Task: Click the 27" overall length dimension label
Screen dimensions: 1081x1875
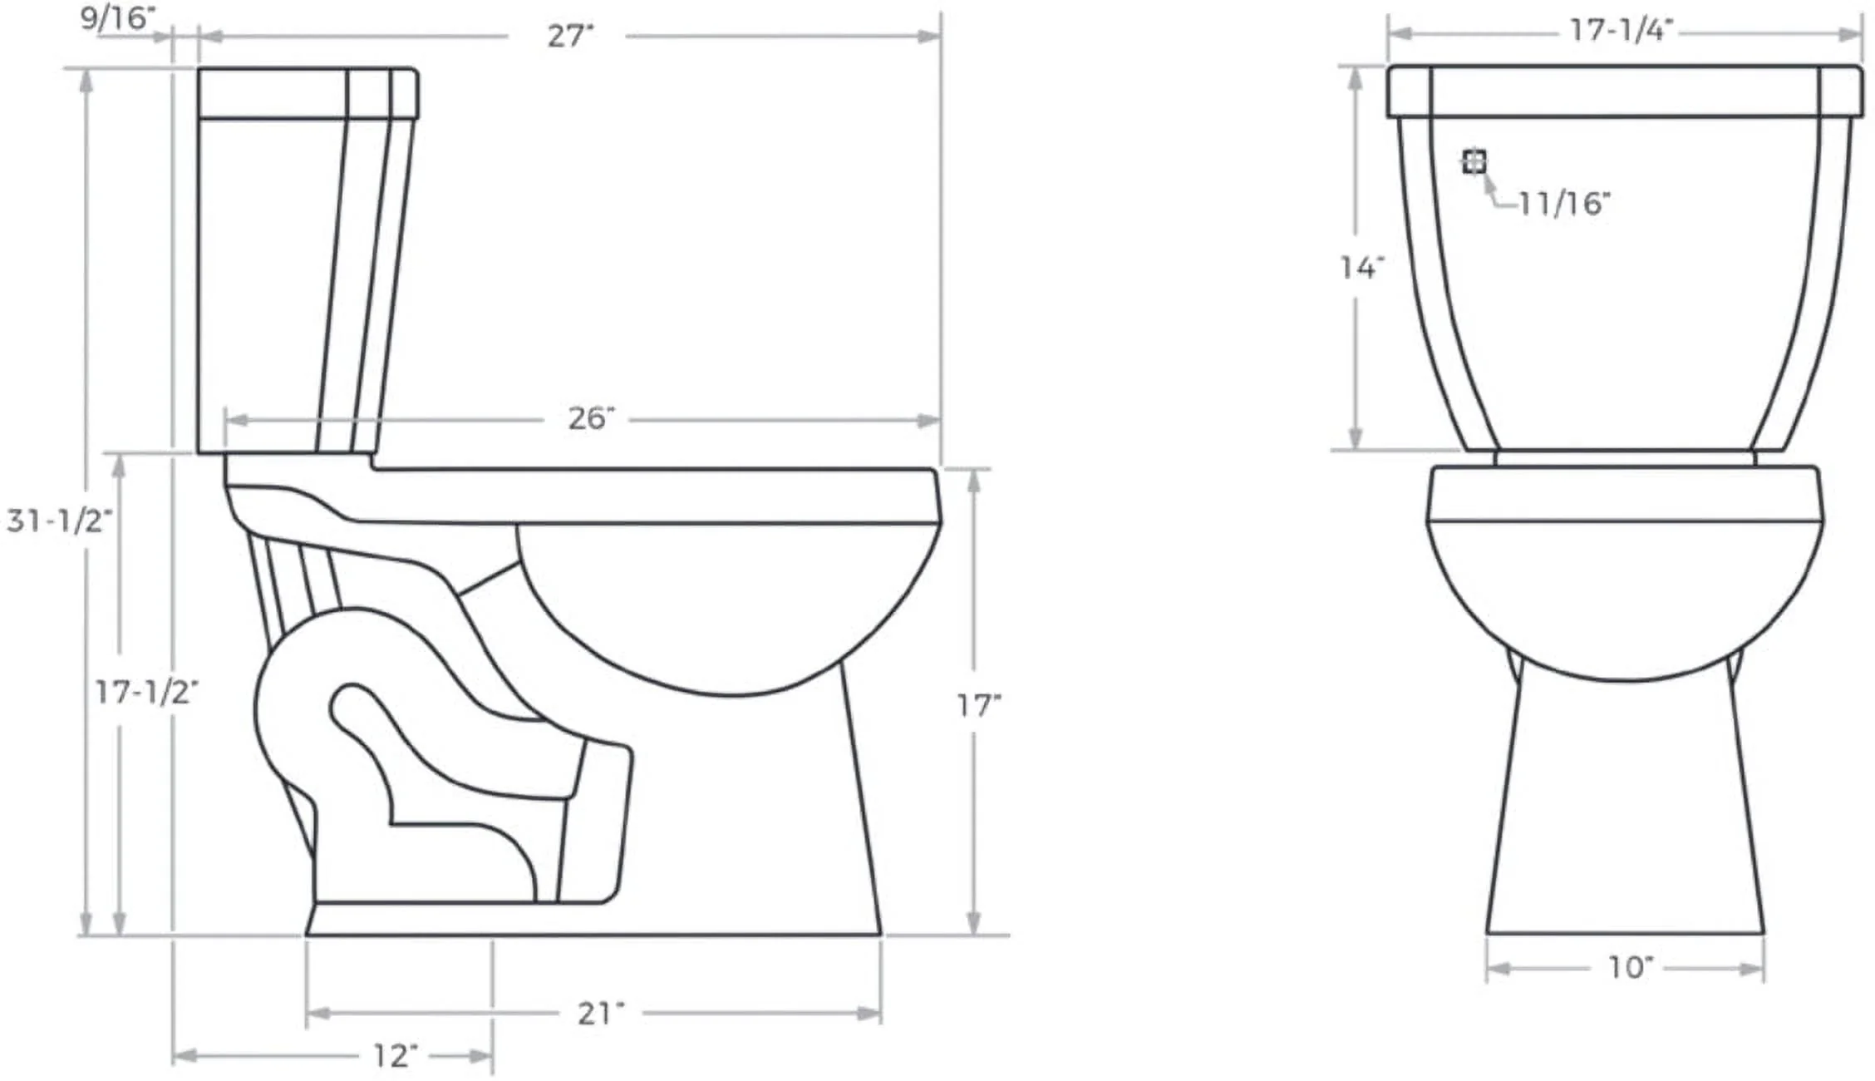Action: (570, 37)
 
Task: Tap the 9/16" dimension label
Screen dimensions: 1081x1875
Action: (117, 18)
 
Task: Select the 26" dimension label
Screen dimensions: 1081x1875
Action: (591, 418)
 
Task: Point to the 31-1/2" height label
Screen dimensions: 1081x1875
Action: (59, 521)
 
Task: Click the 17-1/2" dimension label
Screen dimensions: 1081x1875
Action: (146, 692)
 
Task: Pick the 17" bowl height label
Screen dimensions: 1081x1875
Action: (978, 706)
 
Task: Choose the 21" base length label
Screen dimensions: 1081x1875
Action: (600, 1014)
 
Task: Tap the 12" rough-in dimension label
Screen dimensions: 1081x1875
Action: (394, 1056)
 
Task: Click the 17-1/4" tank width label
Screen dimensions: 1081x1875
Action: (1620, 31)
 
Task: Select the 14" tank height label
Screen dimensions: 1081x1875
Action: (1361, 268)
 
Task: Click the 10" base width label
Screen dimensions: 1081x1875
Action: (1629, 967)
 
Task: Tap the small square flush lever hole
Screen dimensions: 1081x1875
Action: (1474, 161)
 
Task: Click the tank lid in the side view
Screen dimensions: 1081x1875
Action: (308, 92)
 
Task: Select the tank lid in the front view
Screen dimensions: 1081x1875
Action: (1624, 91)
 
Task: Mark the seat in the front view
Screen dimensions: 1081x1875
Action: (1624, 494)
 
